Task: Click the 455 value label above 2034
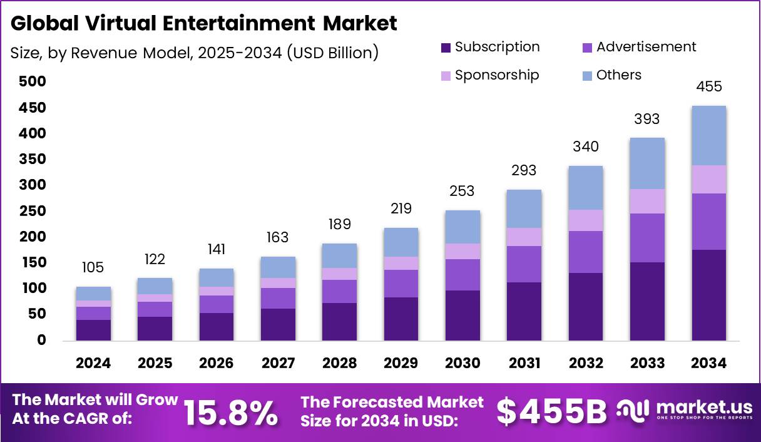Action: pyautogui.click(x=709, y=86)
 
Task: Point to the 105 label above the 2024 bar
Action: pyautogui.click(x=93, y=268)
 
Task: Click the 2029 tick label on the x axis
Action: pyautogui.click(x=401, y=364)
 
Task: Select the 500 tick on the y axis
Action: pyautogui.click(x=33, y=82)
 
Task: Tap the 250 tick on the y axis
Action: pyautogui.click(x=33, y=211)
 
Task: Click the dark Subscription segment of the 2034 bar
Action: pyautogui.click(x=709, y=295)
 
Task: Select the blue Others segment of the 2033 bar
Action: pyautogui.click(x=647, y=163)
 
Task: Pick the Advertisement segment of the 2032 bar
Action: pyautogui.click(x=586, y=252)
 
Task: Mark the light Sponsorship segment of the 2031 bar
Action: pyautogui.click(x=524, y=237)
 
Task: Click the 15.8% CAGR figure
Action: pyautogui.click(x=230, y=412)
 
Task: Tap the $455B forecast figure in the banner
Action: pyautogui.click(x=551, y=412)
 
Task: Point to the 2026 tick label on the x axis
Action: pyautogui.click(x=217, y=364)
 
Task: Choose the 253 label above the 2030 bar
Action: pyautogui.click(x=462, y=191)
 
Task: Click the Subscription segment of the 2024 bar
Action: pyautogui.click(x=93, y=330)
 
